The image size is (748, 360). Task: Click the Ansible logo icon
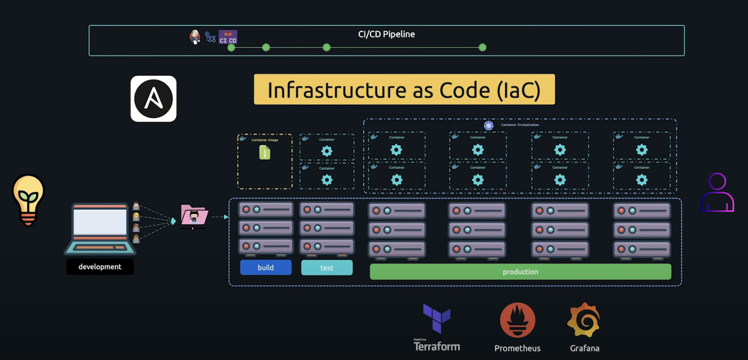point(153,99)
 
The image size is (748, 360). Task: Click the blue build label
point(266,268)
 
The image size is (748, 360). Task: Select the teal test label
point(327,268)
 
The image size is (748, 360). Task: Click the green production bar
point(520,272)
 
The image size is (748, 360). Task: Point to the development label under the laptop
point(100,267)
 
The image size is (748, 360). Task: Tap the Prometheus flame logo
point(517,320)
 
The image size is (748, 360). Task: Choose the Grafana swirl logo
point(584,320)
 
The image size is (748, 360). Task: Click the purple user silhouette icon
point(717,193)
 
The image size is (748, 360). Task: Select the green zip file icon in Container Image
point(265,153)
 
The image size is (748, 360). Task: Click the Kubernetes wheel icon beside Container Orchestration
point(489,125)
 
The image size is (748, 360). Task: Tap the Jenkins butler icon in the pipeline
point(195,37)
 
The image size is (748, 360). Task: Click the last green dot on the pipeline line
point(482,48)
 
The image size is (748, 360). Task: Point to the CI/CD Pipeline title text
point(386,34)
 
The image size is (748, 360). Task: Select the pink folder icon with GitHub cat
point(194,216)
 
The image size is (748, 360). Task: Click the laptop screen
point(100,222)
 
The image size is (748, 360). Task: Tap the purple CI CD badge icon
point(228,37)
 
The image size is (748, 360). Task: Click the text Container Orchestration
point(520,125)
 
